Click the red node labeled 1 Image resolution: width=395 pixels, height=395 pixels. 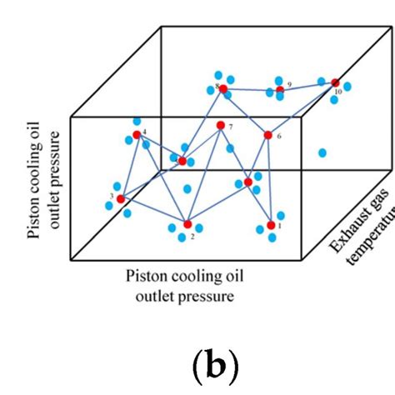[271, 225]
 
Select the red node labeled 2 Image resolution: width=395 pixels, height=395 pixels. [187, 224]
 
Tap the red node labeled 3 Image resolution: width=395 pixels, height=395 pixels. [121, 198]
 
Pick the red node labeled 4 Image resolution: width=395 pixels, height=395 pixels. [137, 134]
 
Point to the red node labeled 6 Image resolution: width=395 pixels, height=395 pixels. [268, 134]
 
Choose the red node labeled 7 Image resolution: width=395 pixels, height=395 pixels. [220, 126]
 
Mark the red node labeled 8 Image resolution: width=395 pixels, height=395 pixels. [223, 88]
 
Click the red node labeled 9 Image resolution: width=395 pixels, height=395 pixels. [280, 89]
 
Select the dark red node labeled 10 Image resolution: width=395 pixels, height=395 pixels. [335, 82]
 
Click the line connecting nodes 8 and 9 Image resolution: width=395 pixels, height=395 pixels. [252, 88]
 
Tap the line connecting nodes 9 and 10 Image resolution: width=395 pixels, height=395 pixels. [307, 85]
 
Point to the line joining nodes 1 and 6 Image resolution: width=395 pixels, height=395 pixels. [269, 179]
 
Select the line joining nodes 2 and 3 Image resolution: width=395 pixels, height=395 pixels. [154, 212]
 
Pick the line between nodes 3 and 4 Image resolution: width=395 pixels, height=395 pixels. [128, 167]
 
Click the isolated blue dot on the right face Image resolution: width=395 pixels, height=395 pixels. [322, 152]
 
